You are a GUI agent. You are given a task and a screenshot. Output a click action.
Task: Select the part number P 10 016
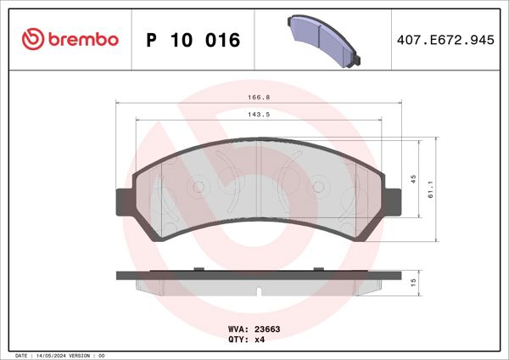click(193, 40)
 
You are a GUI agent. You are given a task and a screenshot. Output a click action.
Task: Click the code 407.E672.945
click(445, 40)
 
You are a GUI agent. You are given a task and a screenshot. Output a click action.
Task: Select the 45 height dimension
click(412, 178)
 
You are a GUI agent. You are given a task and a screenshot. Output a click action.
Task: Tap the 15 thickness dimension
click(412, 282)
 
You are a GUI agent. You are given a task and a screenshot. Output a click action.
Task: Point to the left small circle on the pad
click(199, 185)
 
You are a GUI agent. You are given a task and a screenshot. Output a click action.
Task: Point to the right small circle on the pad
click(319, 185)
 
